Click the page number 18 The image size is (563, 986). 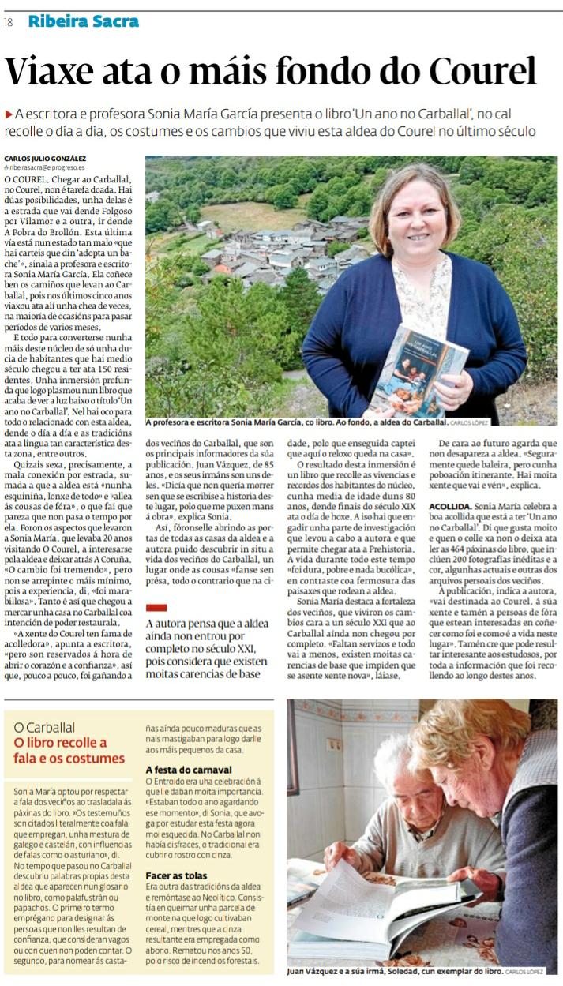point(8,22)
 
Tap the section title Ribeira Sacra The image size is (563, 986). point(83,21)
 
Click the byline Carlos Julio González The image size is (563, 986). point(45,158)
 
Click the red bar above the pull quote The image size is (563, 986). point(157,607)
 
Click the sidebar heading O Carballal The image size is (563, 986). point(45,727)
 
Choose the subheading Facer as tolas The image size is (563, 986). point(176,875)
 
